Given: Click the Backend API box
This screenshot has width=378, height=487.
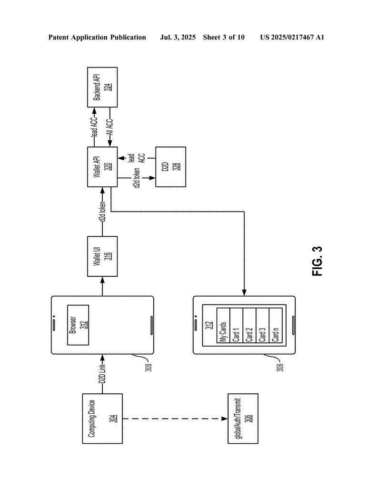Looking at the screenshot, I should click(102, 87).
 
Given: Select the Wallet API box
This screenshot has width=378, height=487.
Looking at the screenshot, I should click(102, 166).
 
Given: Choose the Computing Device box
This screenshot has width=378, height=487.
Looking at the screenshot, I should click(102, 419).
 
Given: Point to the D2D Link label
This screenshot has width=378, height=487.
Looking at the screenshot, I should click(102, 376).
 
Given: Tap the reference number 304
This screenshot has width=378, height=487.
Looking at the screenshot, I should click(109, 419).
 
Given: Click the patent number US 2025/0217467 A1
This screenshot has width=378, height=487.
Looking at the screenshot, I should click(292, 37).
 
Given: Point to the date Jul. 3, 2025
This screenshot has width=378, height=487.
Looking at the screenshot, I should click(178, 37).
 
